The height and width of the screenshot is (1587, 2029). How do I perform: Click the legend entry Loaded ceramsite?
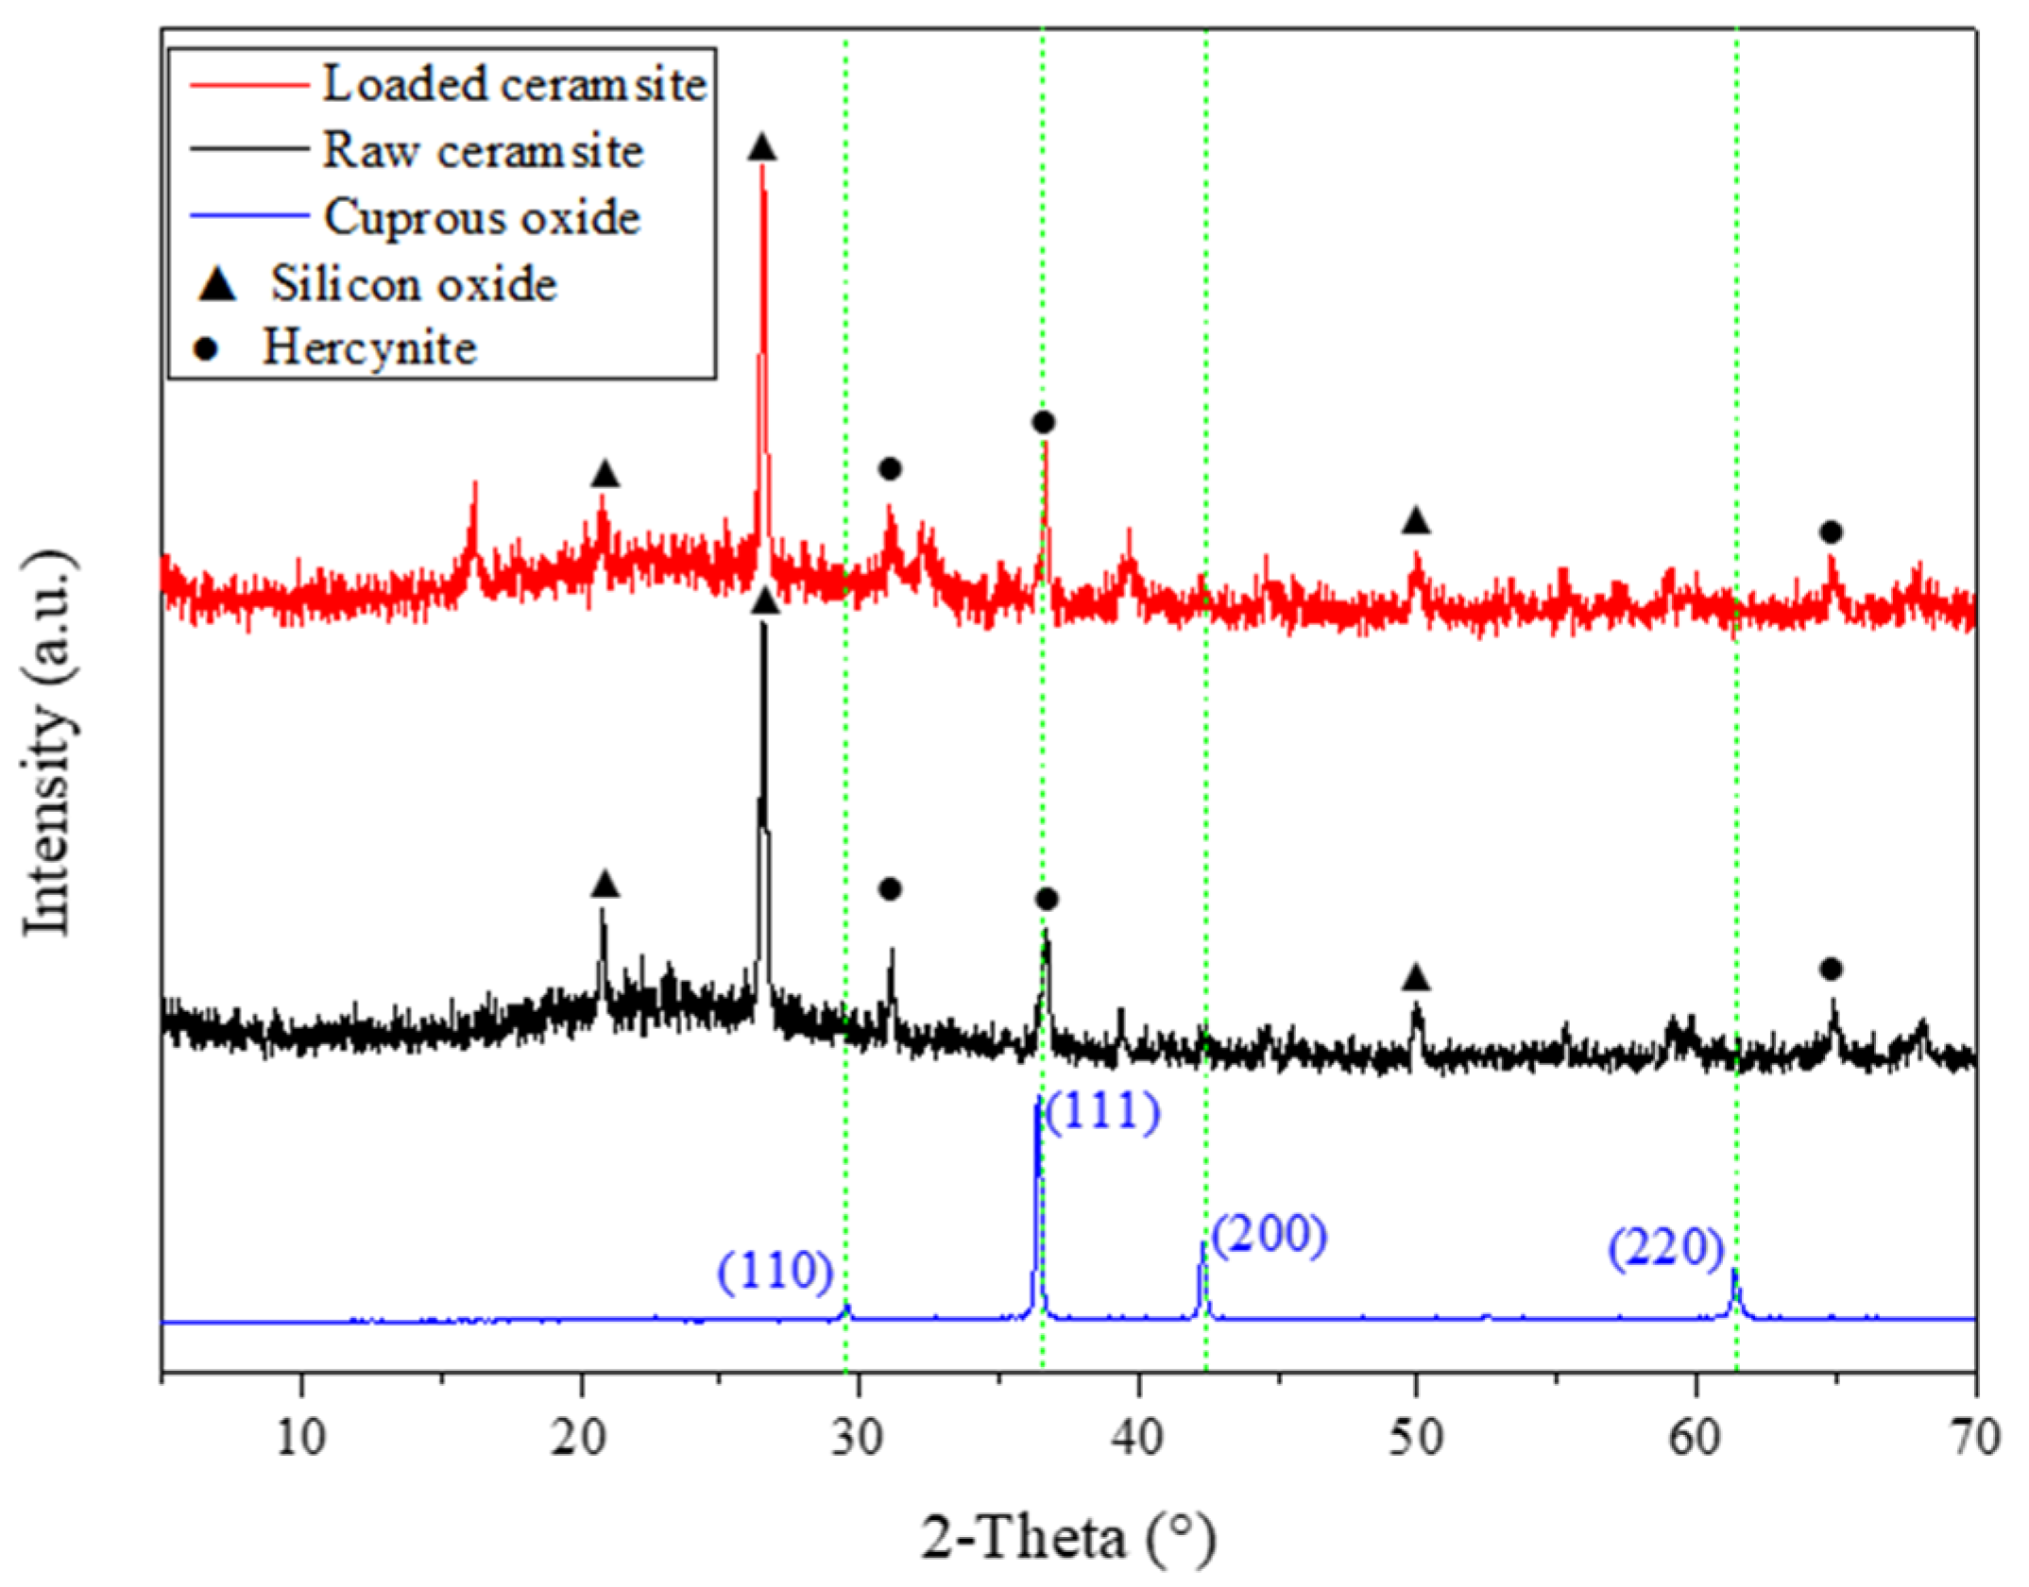coord(514,84)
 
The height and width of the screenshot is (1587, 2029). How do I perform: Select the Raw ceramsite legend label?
coord(483,151)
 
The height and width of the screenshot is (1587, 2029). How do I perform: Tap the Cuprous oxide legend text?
coord(482,217)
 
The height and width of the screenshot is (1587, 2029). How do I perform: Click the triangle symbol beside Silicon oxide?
coord(218,284)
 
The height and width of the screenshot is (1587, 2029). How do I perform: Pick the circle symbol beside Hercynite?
coord(206,349)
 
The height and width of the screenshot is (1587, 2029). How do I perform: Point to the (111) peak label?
coord(1101,1111)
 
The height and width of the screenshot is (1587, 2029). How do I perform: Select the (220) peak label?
coord(1666,1248)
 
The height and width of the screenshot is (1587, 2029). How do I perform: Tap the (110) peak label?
coord(775,1272)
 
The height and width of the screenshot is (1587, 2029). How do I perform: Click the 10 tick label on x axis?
coord(301,1438)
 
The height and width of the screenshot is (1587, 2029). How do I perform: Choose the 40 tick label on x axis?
coord(1138,1438)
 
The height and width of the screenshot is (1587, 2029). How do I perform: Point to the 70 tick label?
coord(1974,1438)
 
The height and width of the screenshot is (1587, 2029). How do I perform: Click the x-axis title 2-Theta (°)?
coord(1068,1538)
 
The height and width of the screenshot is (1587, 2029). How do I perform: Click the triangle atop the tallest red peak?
coord(762,148)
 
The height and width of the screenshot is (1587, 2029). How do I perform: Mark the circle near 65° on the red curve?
coord(1831,532)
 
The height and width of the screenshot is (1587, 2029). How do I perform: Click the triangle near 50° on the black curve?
coord(1415,978)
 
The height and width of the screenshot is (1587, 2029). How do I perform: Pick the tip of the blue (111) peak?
coord(1038,1101)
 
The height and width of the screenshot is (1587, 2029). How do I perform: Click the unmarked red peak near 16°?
coord(474,487)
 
